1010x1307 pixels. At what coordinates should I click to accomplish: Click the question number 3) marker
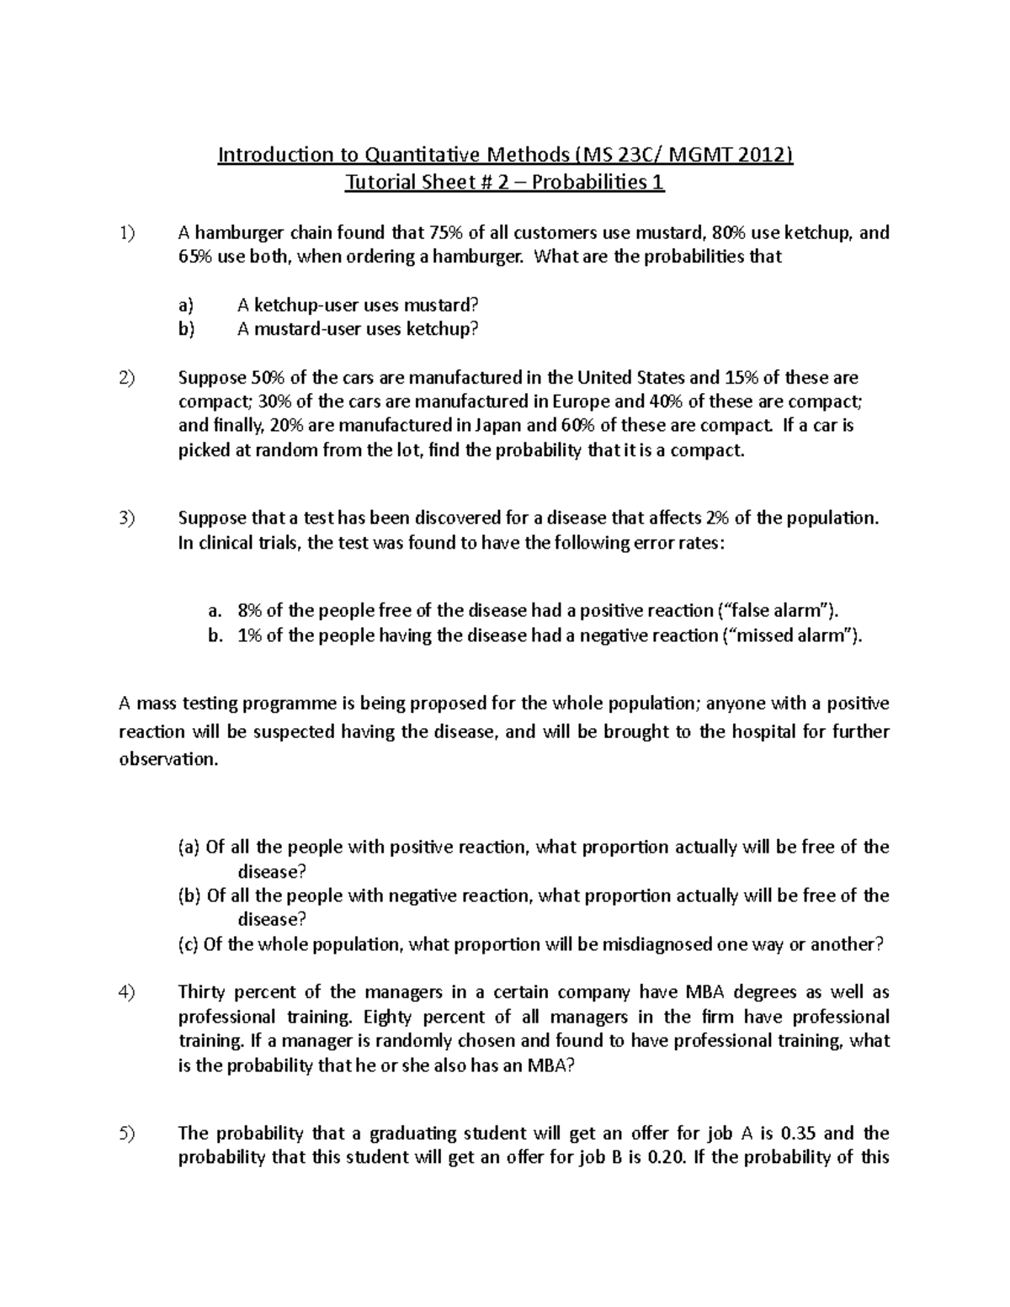126,518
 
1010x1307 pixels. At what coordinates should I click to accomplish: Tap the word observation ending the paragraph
168,759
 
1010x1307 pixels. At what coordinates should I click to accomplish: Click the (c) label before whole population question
188,944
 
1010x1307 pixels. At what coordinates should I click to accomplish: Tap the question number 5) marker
126,1134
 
